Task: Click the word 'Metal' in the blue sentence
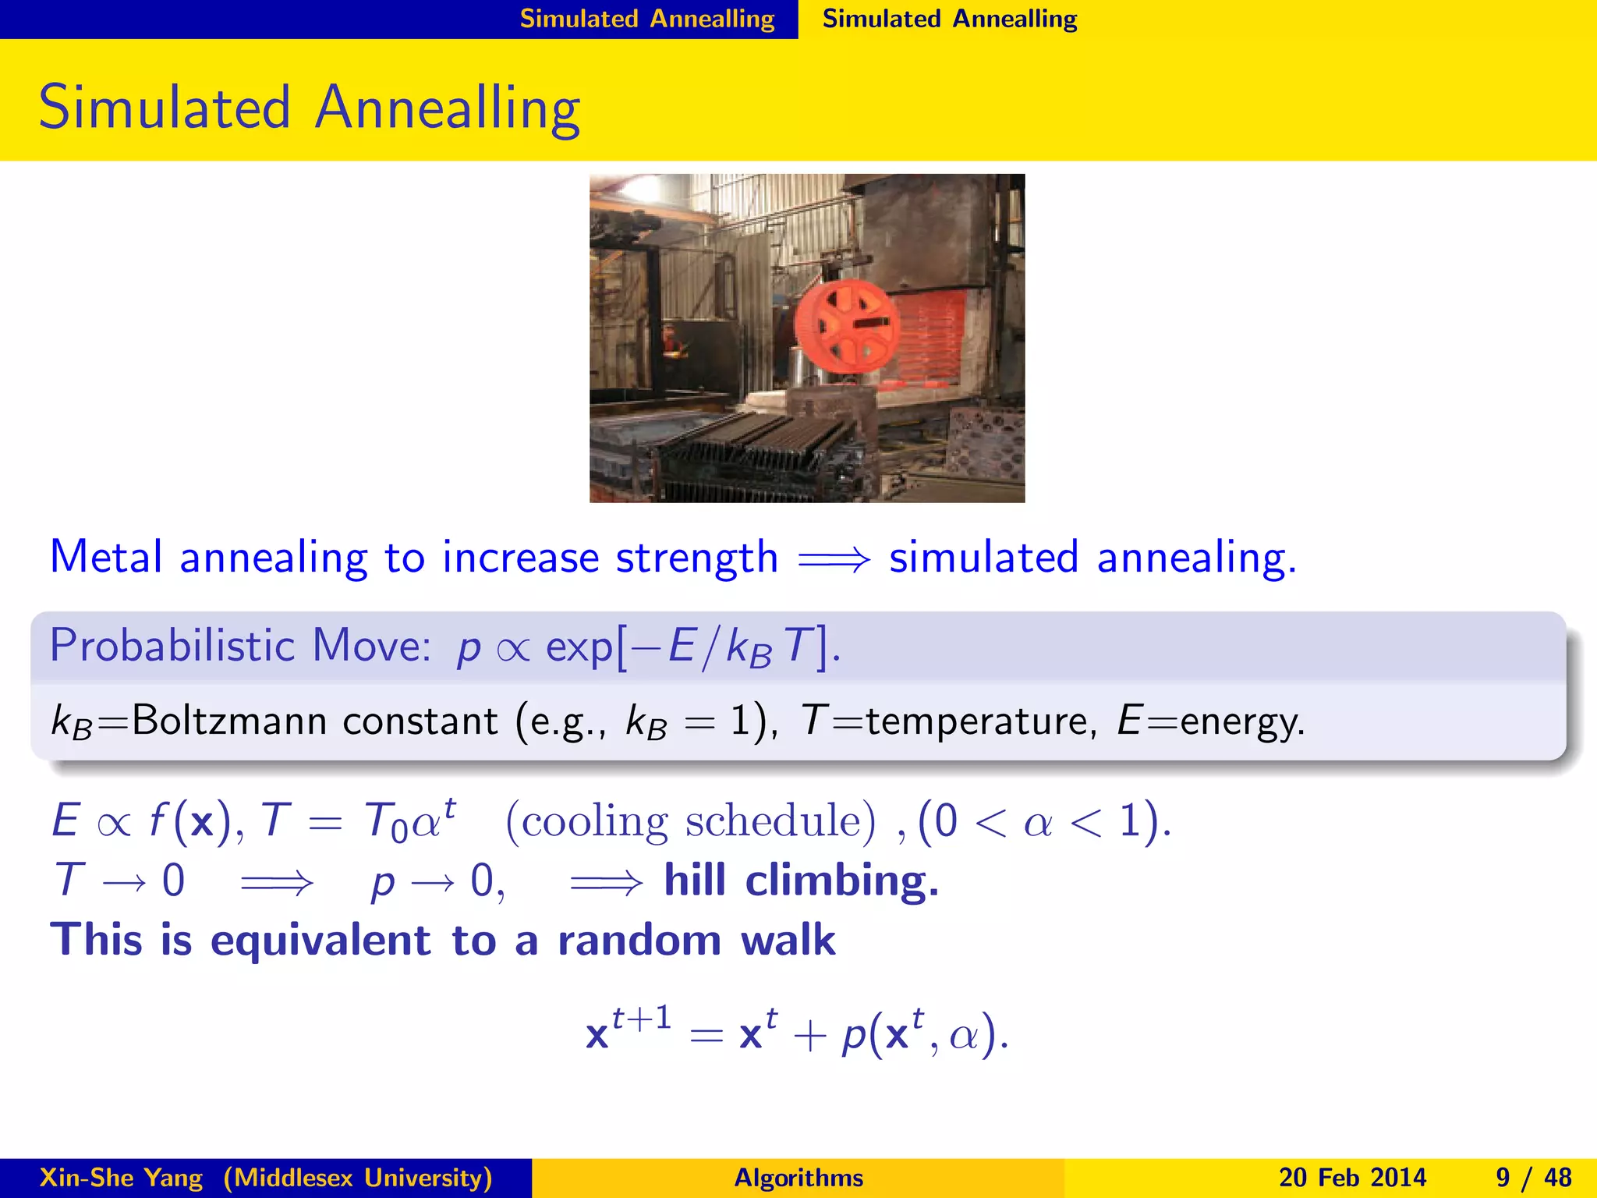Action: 106,558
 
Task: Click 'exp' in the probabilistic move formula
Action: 579,647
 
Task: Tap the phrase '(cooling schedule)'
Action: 691,821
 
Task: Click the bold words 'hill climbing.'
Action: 801,881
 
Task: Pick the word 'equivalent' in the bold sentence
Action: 320,940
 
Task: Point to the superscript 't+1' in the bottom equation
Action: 641,1018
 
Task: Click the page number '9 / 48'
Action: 1533,1178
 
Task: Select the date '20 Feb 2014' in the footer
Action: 1352,1178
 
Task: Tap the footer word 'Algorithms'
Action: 798,1178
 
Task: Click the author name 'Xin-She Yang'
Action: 122,1178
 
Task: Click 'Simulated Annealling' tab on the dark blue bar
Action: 647,19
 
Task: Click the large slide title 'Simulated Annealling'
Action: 309,108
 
